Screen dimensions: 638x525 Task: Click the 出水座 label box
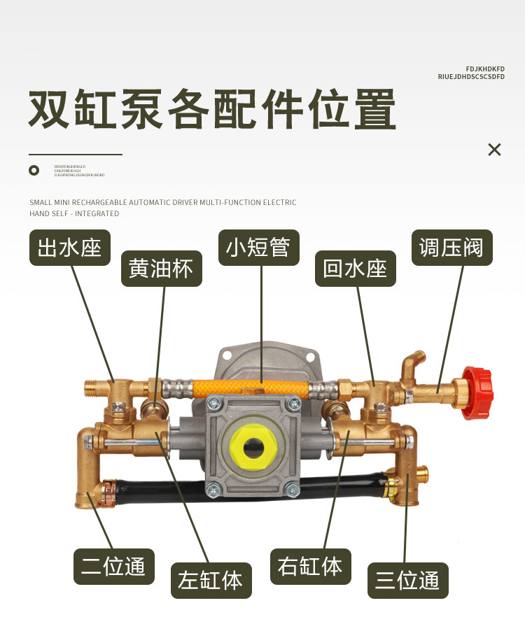(x=70, y=248)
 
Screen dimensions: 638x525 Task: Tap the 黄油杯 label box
(x=161, y=269)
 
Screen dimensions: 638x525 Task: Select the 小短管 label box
(x=258, y=248)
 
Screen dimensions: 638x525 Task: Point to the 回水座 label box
(x=355, y=269)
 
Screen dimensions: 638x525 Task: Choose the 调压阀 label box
(x=451, y=248)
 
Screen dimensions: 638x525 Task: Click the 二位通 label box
(x=113, y=567)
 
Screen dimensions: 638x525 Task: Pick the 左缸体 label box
(x=211, y=580)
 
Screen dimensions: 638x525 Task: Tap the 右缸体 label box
(x=310, y=567)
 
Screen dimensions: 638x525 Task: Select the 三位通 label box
(x=407, y=580)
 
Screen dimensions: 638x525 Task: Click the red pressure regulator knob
(x=477, y=392)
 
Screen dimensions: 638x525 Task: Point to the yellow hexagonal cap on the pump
(x=250, y=448)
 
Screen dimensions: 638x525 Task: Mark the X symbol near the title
(x=495, y=149)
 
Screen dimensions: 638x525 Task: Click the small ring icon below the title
(x=34, y=170)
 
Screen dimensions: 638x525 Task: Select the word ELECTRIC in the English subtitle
(x=279, y=203)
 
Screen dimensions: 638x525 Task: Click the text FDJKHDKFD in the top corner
(x=485, y=69)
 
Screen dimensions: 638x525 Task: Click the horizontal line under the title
(x=76, y=154)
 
